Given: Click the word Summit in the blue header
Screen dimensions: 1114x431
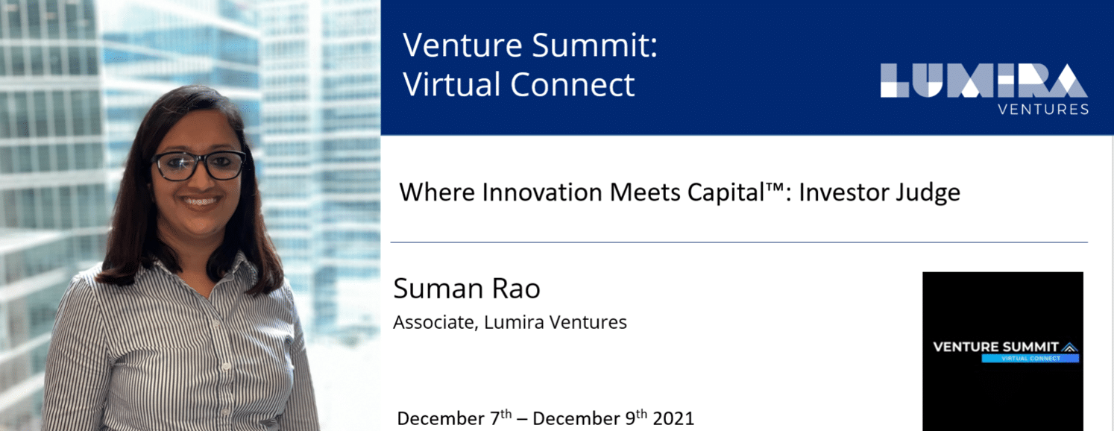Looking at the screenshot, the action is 595,45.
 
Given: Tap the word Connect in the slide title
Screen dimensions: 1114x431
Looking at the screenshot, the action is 572,84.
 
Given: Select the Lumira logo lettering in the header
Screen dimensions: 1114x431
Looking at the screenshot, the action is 984,80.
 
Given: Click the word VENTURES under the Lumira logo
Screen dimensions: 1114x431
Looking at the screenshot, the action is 1043,110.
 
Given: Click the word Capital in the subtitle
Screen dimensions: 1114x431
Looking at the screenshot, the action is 726,193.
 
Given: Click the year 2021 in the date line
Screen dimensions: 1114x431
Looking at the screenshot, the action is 673,418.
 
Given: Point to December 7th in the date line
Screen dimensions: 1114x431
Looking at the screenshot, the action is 454,418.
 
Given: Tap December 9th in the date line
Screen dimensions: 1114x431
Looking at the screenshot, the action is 590,418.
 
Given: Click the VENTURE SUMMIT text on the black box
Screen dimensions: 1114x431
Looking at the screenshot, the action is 996,347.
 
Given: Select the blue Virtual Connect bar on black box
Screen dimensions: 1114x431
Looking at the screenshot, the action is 1030,359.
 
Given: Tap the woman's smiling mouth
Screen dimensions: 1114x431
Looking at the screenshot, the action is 201,201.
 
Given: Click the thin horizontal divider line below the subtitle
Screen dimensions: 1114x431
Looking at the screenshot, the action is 739,242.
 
